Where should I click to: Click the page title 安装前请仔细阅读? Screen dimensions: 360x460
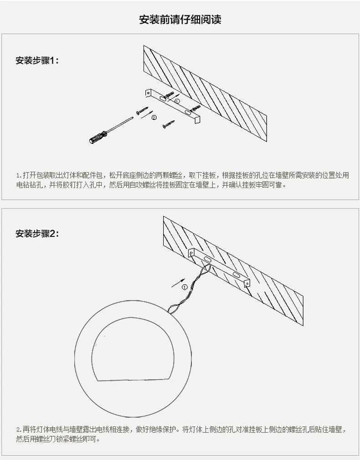tap(180, 20)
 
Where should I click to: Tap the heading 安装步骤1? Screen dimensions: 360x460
tap(37, 61)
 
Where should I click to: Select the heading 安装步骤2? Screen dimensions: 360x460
tap(37, 234)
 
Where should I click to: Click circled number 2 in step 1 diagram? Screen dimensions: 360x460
tap(154, 118)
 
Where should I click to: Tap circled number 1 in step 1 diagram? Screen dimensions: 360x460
tap(177, 101)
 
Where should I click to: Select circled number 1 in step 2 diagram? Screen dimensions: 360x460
tap(185, 287)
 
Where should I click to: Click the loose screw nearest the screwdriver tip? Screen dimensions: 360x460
tap(142, 110)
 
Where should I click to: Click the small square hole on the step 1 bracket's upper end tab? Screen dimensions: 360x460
tap(149, 93)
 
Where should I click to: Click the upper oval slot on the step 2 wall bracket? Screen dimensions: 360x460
tap(207, 260)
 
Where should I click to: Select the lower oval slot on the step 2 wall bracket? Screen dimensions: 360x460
tap(236, 275)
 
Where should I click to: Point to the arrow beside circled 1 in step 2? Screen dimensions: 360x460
tap(178, 282)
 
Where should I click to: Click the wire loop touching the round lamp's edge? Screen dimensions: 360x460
tap(174, 309)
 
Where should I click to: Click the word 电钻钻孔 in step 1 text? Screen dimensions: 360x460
tap(29, 185)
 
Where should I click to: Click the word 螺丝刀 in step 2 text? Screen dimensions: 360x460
tap(46, 439)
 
